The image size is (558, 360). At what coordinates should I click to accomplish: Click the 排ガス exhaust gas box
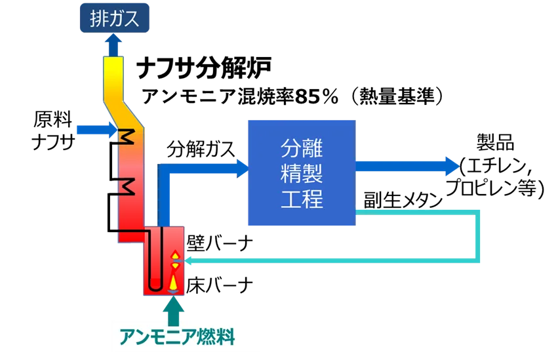[114, 18]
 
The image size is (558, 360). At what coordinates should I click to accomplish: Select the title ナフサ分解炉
[203, 68]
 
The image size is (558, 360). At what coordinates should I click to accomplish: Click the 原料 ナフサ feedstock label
[53, 130]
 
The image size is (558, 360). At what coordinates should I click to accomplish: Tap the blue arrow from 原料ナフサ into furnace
[97, 130]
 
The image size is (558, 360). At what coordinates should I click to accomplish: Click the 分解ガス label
[201, 149]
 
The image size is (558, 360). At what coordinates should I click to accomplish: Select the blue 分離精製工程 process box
[302, 173]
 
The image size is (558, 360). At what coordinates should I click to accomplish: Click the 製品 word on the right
[495, 143]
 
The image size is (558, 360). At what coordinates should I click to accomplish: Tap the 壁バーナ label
[220, 244]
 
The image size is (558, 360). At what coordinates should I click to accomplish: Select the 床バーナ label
[220, 285]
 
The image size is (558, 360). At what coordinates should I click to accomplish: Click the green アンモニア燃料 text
[177, 336]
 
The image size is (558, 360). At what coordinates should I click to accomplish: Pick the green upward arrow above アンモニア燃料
[174, 311]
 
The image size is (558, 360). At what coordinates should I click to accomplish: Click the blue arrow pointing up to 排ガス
[113, 45]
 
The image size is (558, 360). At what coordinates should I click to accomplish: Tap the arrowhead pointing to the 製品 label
[452, 166]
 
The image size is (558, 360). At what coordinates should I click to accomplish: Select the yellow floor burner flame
[173, 281]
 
